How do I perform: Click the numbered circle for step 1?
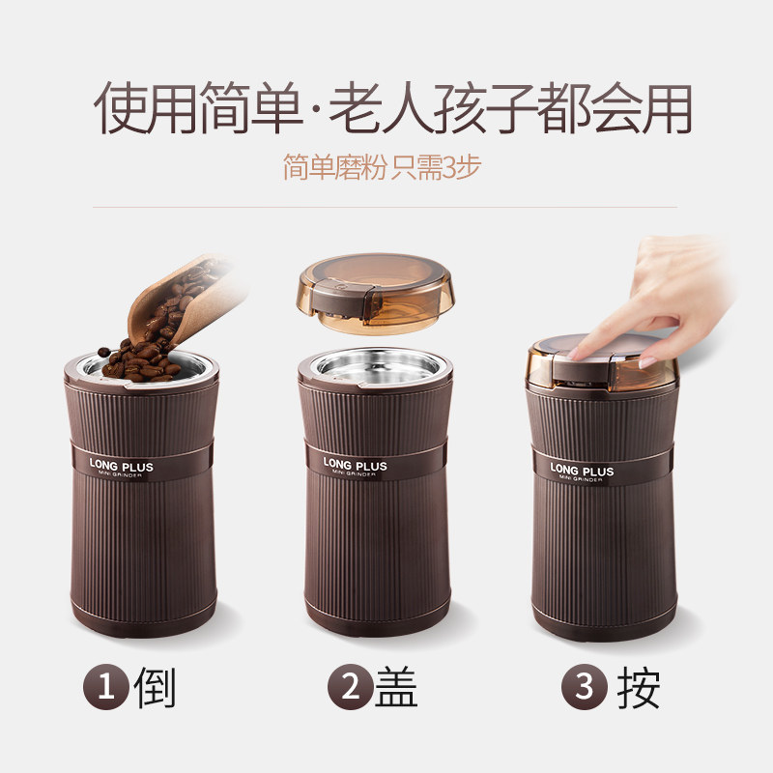[x=106, y=687]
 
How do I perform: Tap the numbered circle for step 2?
[x=350, y=687]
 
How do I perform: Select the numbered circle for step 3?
[x=585, y=687]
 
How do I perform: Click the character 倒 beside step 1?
[x=155, y=687]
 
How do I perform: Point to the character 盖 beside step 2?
[x=396, y=687]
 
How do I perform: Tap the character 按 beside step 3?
[x=639, y=687]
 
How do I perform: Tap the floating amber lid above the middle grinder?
[x=375, y=294]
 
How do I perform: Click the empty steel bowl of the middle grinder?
[x=378, y=367]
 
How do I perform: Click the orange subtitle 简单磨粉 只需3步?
[x=382, y=167]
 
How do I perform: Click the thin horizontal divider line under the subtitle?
[x=385, y=207]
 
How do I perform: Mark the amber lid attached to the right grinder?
[x=602, y=363]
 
